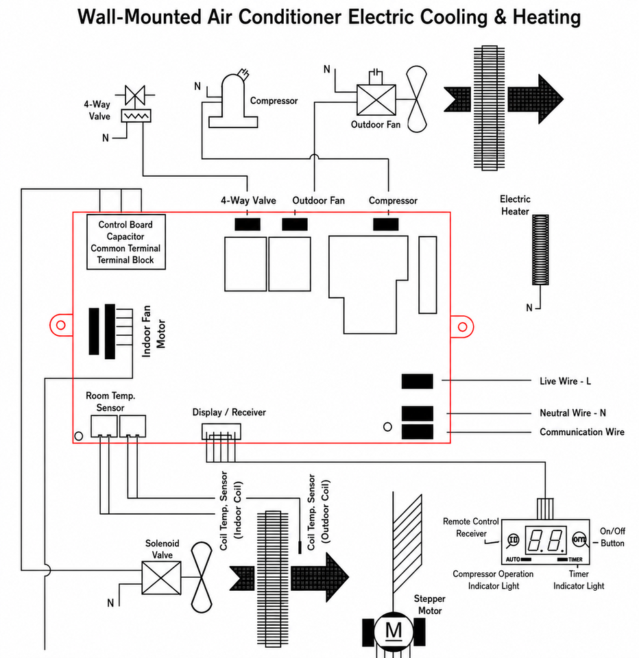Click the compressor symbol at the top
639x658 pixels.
(232, 100)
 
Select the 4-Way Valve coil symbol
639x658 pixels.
(136, 116)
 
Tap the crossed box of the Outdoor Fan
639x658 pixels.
(376, 100)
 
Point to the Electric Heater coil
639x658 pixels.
(540, 249)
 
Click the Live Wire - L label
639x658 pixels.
(565, 381)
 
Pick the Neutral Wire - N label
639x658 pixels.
(572, 413)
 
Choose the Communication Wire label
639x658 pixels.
(582, 432)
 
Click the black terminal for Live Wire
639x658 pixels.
(418, 381)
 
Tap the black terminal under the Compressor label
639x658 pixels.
(386, 225)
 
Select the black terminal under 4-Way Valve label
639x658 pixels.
(248, 225)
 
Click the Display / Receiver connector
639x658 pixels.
(221, 431)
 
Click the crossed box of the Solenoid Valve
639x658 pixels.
(162, 578)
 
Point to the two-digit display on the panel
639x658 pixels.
(545, 540)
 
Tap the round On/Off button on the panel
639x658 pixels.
(579, 539)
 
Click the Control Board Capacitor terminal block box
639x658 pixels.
(126, 242)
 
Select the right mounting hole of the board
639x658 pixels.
(462, 327)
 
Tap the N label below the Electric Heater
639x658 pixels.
(529, 308)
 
